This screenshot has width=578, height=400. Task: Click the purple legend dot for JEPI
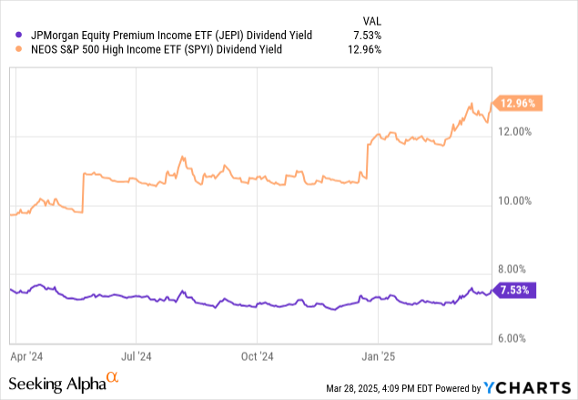[9, 36]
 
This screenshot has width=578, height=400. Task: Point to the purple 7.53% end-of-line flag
[515, 291]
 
